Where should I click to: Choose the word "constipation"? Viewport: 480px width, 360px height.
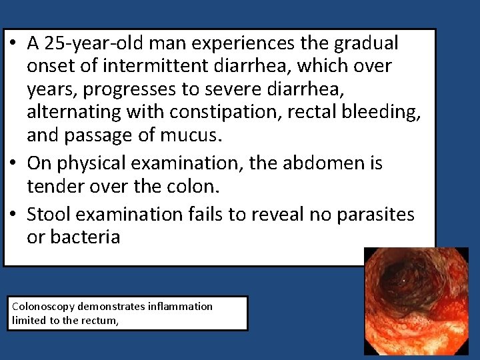click(x=233, y=113)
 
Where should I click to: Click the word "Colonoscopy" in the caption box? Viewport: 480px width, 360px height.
click(x=43, y=307)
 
